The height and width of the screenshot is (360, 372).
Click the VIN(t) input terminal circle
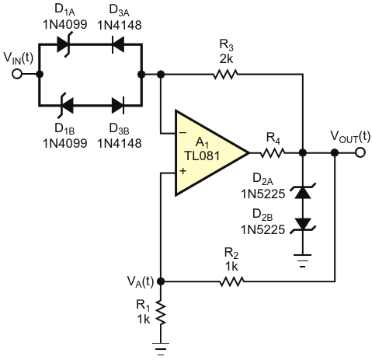pos(17,74)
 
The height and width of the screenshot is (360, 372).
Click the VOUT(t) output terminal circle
pos(360,152)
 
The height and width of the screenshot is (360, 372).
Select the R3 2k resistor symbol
pos(225,74)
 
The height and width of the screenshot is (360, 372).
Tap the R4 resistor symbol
pos(273,152)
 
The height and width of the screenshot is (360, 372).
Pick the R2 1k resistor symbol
pos(231,281)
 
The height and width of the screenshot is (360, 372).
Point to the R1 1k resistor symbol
pos(161,313)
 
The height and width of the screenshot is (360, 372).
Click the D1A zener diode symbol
pos(64,44)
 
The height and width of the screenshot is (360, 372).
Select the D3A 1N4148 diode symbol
pos(118,44)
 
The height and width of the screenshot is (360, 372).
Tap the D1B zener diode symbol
pos(65,105)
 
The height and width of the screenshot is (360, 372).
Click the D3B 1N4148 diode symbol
pos(118,105)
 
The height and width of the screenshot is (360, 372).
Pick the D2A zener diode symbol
pos(303,192)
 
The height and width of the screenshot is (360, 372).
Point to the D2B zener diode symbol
pos(303,225)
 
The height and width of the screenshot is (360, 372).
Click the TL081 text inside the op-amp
pos(202,156)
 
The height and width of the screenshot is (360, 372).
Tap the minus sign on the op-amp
pos(183,133)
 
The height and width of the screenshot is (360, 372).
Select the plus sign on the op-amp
pos(183,171)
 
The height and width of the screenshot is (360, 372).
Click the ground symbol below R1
pos(161,348)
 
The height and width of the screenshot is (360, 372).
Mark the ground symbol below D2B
pos(303,260)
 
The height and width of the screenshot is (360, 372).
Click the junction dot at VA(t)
pos(161,281)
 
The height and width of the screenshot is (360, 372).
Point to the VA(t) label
pos(141,281)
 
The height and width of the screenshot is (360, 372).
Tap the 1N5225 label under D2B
pos(263,229)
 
